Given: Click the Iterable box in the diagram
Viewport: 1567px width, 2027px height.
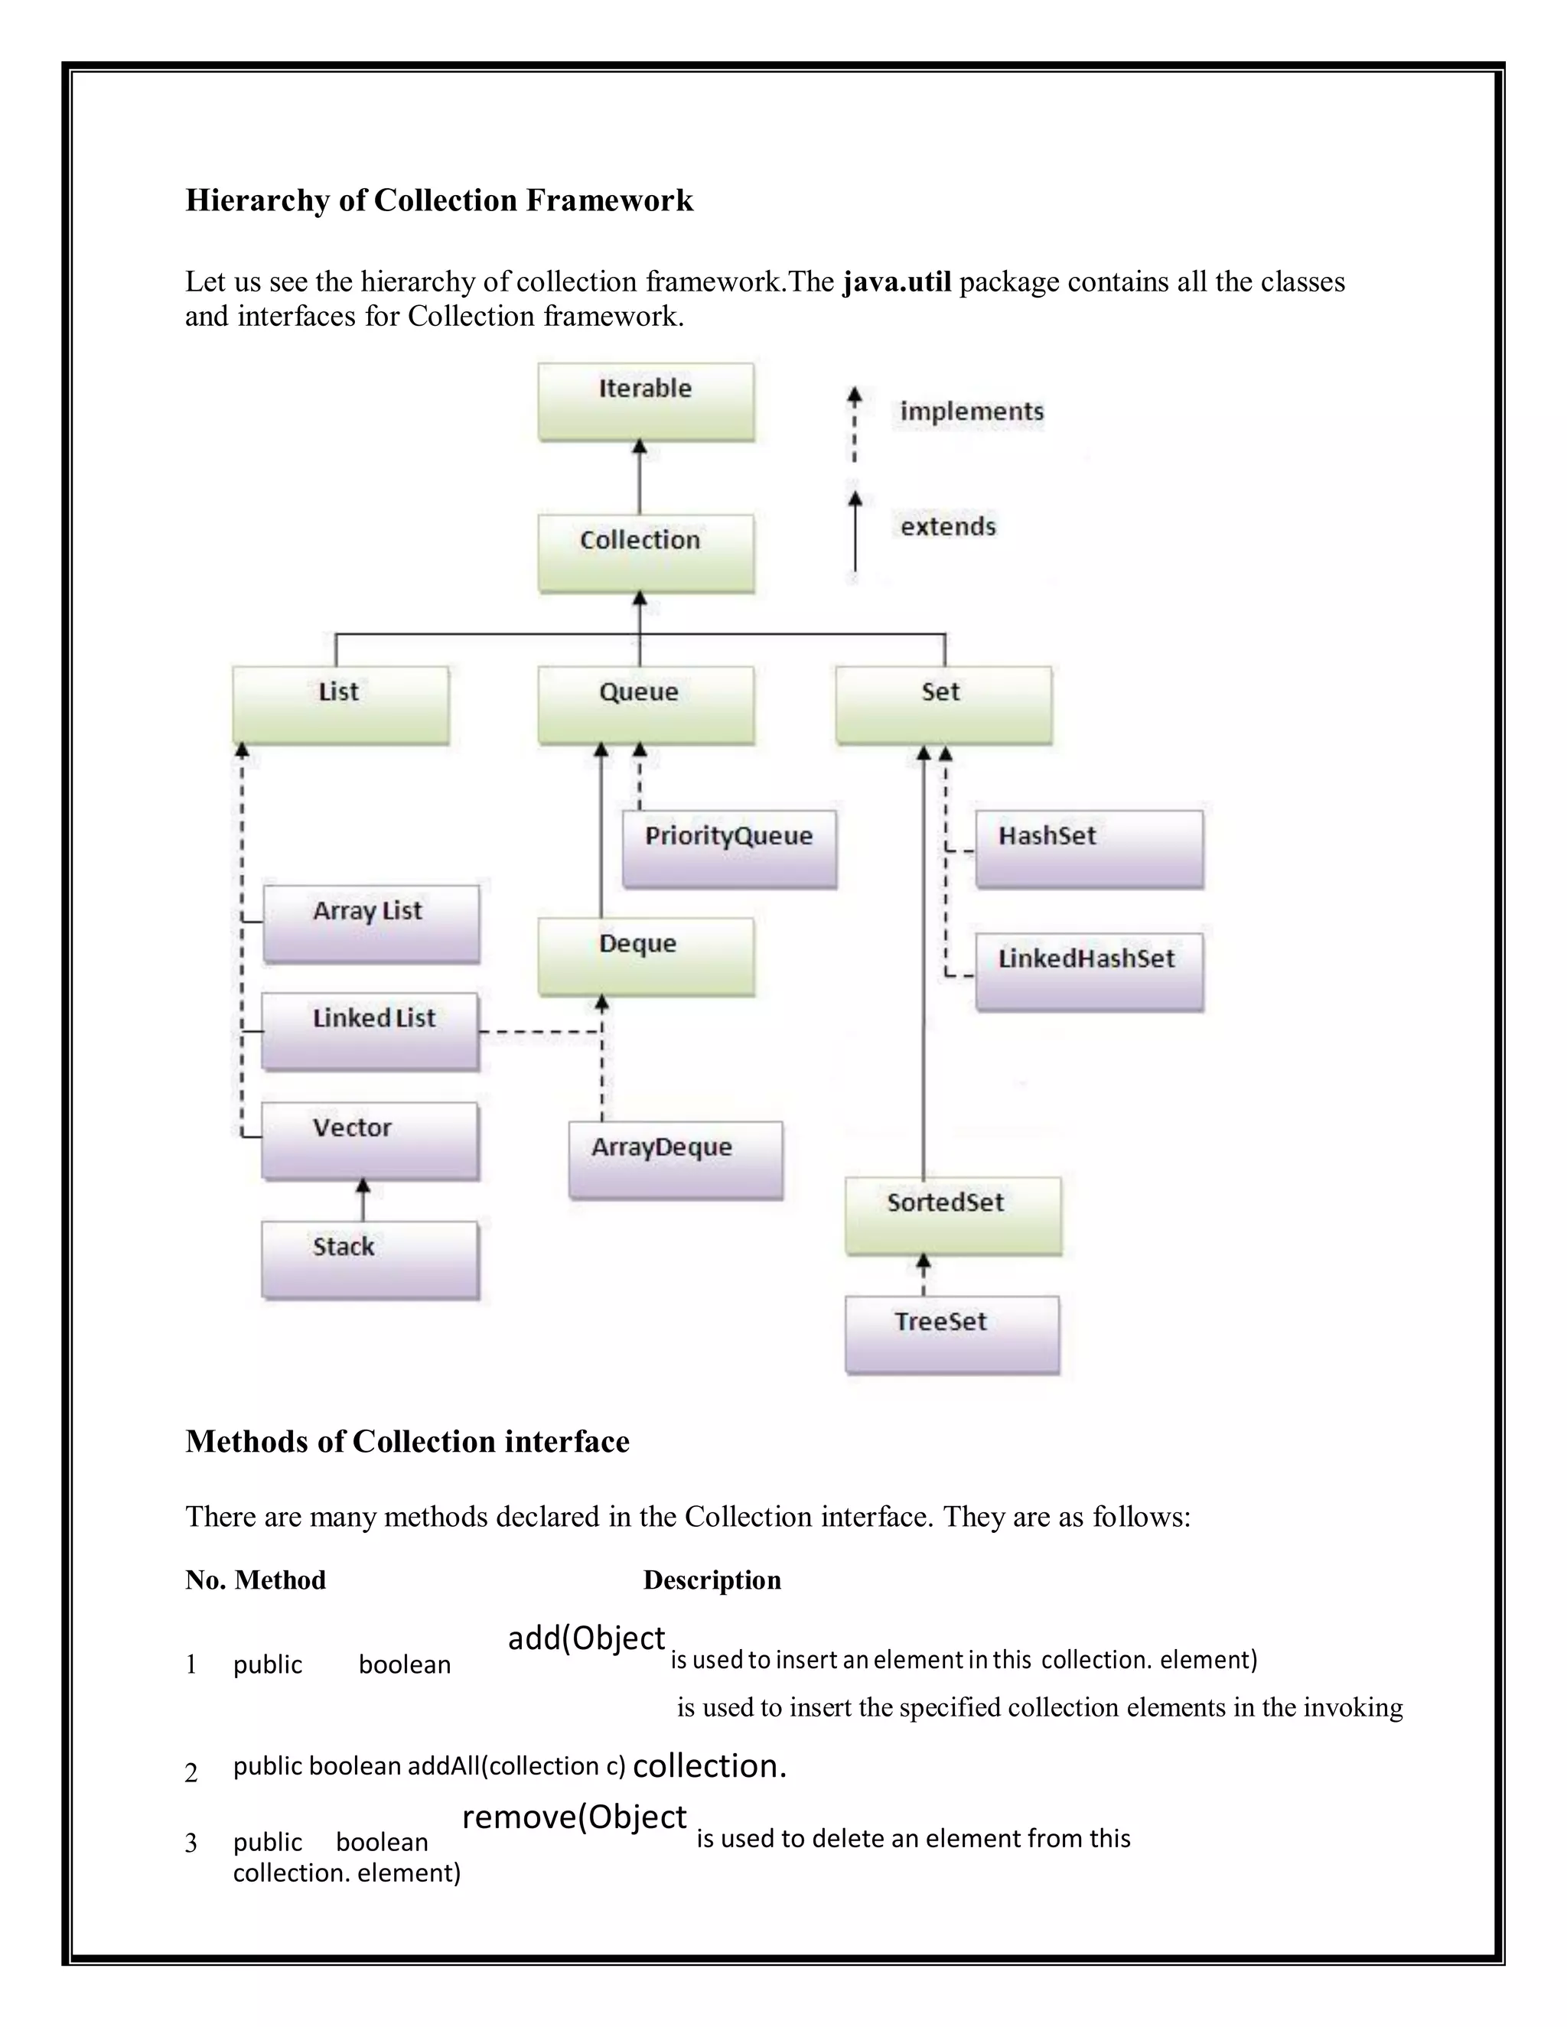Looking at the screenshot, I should (645, 401).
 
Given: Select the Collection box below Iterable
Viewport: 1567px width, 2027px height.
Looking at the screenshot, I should (645, 553).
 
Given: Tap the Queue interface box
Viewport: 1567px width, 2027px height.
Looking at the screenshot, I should (645, 704).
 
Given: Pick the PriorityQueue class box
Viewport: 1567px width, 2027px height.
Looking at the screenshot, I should (728, 848).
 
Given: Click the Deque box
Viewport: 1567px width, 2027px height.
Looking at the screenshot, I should (645, 957).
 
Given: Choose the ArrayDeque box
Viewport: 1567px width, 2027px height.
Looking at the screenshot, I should (675, 1160).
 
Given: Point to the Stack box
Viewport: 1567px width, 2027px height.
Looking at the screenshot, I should (370, 1260).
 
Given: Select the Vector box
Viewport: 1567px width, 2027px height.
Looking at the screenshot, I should (370, 1140).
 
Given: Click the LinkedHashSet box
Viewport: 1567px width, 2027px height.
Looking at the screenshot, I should (1089, 971).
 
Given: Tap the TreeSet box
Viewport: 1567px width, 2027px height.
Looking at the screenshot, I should (952, 1335).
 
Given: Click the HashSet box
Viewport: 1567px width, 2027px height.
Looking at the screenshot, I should (1089, 848).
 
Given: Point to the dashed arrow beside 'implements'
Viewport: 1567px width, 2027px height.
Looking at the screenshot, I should (854, 425).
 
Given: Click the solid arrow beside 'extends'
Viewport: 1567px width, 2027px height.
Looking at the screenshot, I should (854, 532).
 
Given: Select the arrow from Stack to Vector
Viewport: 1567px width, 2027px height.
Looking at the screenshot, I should (363, 1200).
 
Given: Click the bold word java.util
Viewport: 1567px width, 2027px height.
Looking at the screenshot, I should (897, 281).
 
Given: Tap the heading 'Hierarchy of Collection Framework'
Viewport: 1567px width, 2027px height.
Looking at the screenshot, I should (439, 200).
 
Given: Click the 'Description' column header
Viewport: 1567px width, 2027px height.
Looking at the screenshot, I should (712, 1580).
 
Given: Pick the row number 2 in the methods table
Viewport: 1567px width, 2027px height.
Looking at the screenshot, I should (191, 1773).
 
